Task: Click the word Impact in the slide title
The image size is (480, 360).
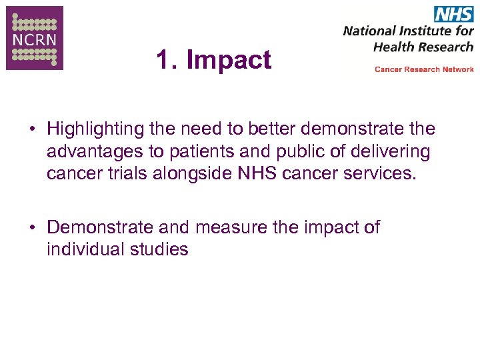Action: coord(229,60)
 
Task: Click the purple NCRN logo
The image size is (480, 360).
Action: coord(35,38)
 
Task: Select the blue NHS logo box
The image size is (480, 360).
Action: coord(453,14)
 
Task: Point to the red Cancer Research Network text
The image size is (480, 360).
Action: coord(424,69)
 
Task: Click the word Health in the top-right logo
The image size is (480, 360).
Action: coord(391,47)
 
